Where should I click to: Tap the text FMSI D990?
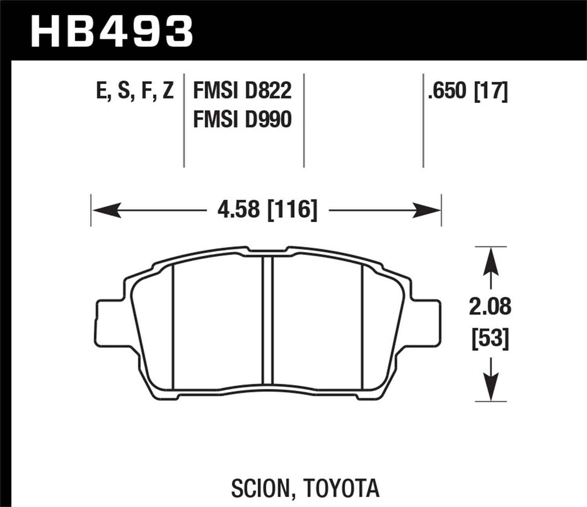pos(243,119)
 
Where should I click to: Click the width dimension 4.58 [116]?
pos(267,210)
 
